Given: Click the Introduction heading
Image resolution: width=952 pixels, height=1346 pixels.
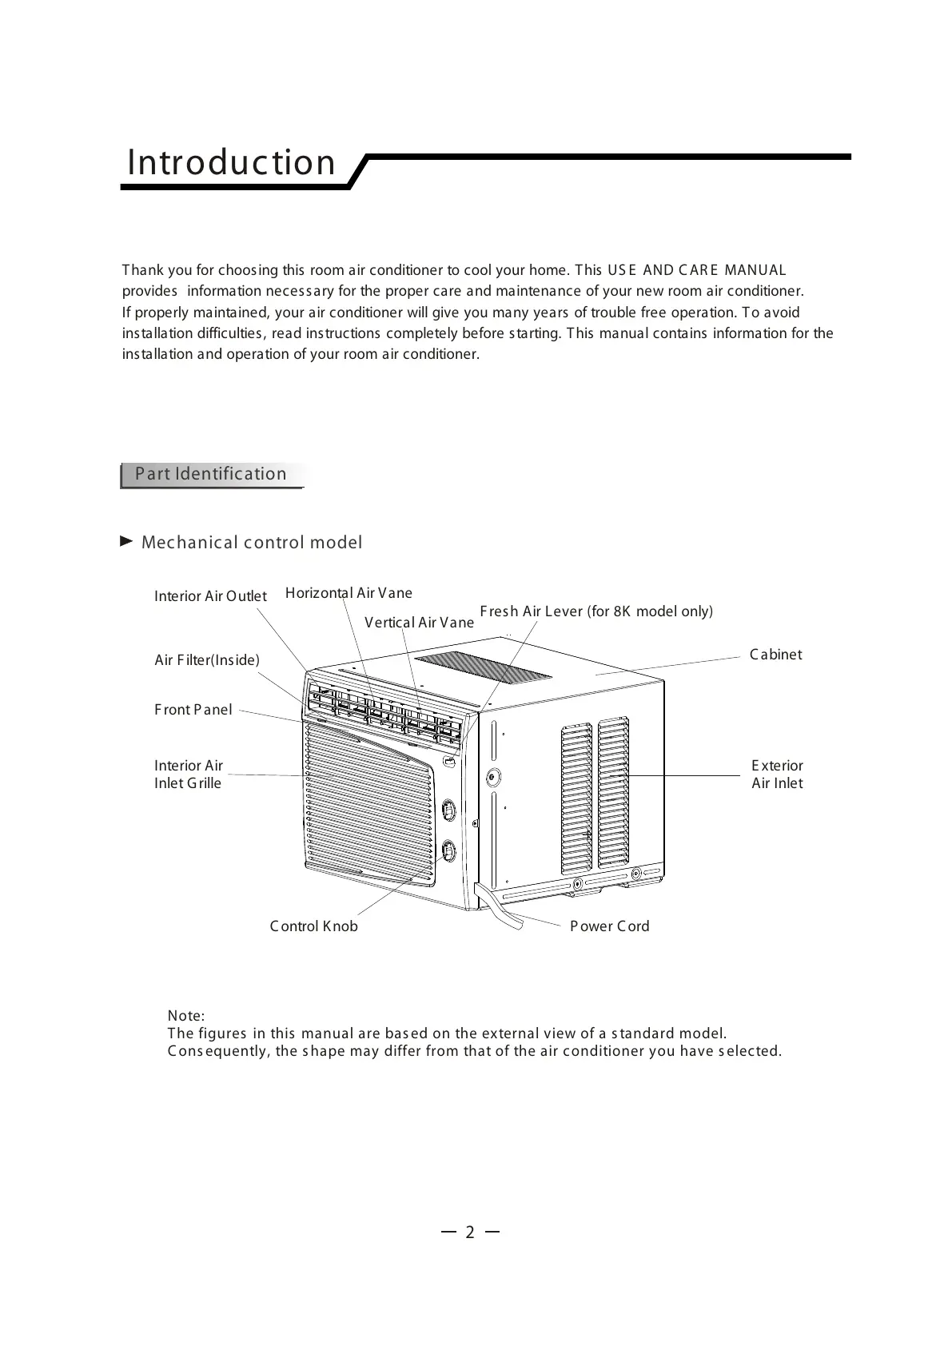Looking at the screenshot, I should click(231, 162).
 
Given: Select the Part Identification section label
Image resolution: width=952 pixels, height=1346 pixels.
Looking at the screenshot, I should click(210, 474).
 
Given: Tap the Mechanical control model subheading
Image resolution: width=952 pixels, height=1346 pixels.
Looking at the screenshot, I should click(251, 543).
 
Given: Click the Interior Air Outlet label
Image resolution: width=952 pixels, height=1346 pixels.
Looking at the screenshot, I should click(210, 596).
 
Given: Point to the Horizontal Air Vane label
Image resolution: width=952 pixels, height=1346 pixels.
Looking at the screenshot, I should click(349, 593).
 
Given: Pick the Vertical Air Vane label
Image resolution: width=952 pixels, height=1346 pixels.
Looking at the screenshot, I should click(419, 623).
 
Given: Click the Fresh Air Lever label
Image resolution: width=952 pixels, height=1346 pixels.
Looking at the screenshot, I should click(595, 611).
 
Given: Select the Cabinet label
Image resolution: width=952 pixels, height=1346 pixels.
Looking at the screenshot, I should click(775, 655).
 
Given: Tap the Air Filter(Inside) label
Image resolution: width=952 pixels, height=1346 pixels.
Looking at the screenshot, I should click(206, 660).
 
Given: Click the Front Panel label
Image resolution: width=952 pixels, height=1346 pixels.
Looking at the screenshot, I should click(193, 710).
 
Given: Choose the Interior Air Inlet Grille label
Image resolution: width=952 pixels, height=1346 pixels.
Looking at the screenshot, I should click(188, 775).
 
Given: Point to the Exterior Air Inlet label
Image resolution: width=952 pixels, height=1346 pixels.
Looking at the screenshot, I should click(777, 775).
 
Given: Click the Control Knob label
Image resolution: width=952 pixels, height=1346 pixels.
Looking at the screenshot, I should click(313, 926).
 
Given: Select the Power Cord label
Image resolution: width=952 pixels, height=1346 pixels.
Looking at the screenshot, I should click(609, 926).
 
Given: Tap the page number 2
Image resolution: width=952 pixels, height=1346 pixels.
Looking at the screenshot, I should click(470, 1233).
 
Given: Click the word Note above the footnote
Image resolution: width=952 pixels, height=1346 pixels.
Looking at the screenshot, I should click(185, 1016).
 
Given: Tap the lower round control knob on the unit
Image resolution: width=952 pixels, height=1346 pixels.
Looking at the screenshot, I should click(448, 850).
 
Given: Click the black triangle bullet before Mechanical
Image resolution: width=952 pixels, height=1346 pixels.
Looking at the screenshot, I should click(125, 542).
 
